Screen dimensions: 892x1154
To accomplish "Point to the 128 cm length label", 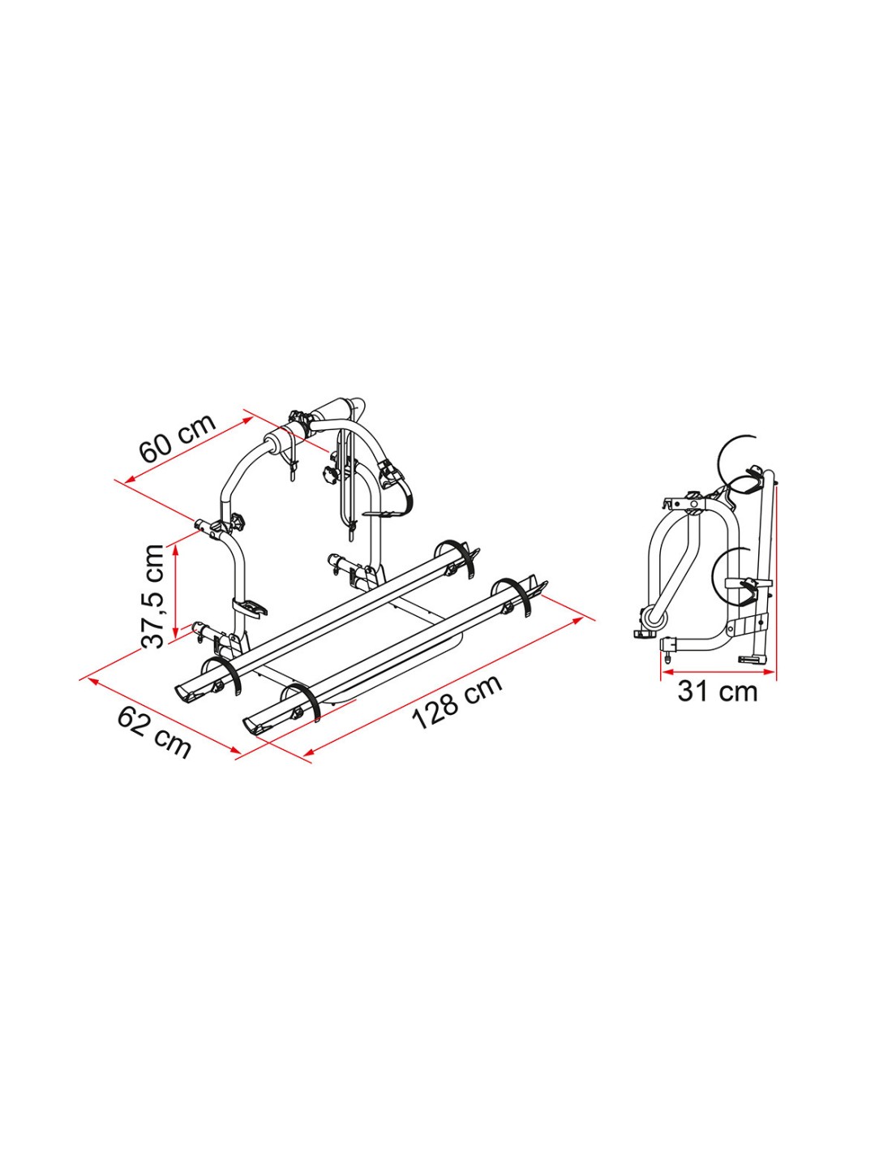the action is tap(457, 703).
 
